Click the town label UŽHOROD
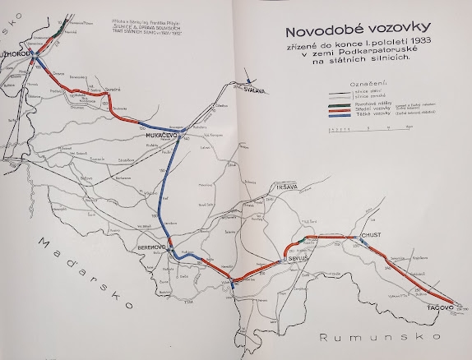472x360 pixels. pos(16,55)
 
